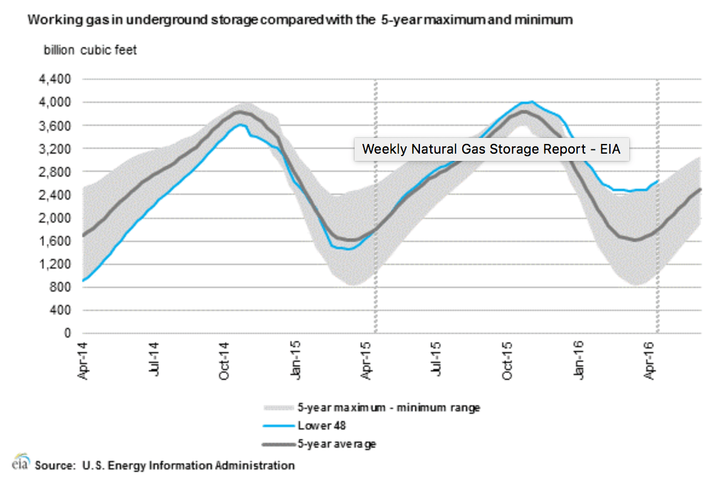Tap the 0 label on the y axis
point(68,333)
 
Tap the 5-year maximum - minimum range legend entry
point(388,407)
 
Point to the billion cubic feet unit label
point(90,50)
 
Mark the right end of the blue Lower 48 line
point(658,180)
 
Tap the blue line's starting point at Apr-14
point(84,281)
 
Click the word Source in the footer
point(54,465)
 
